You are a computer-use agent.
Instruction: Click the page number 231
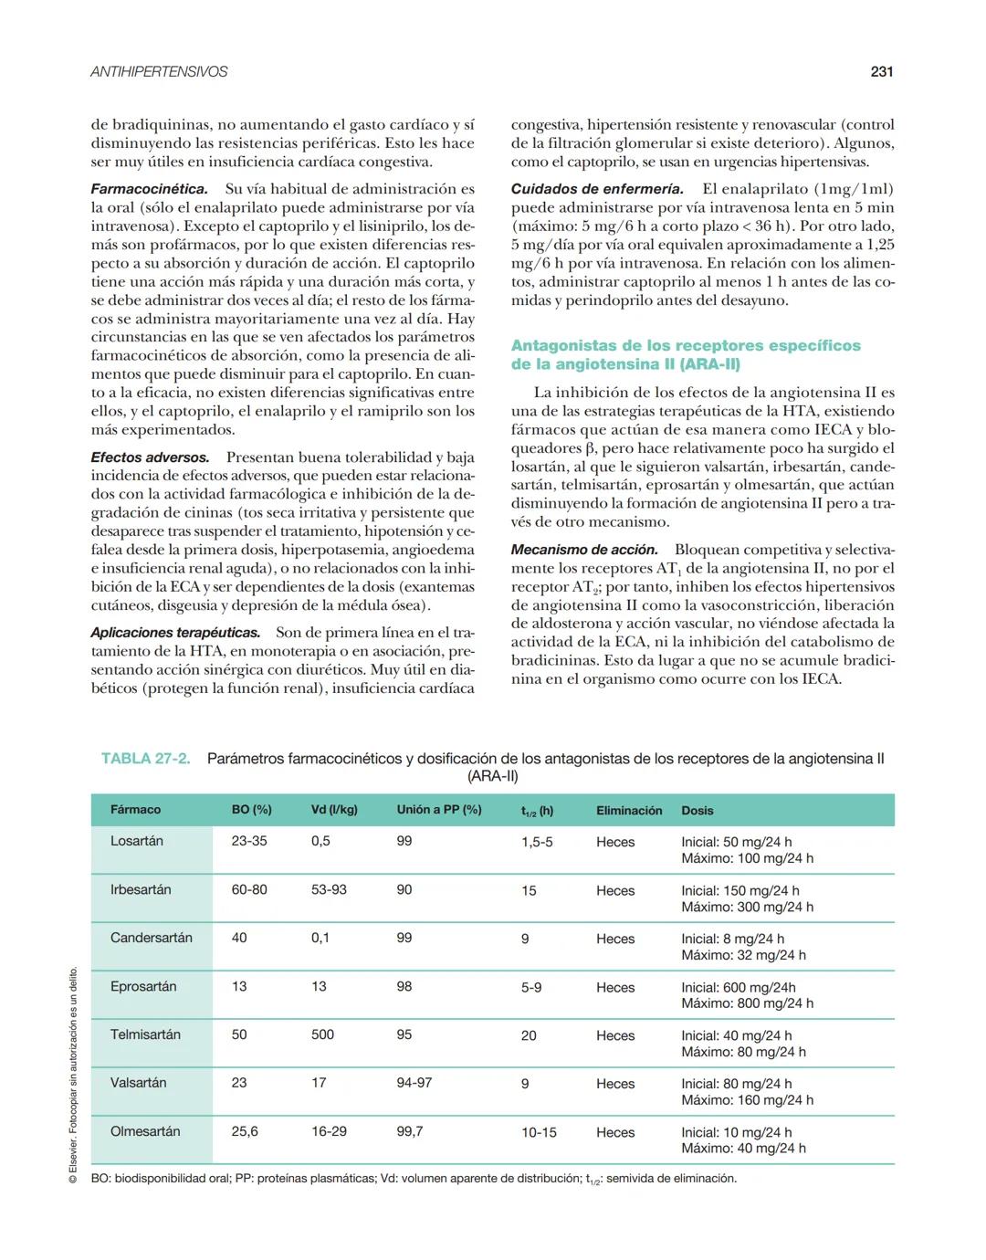tap(881, 71)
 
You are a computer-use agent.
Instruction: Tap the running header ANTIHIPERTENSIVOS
tap(159, 71)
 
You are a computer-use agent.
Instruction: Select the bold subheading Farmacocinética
tap(149, 189)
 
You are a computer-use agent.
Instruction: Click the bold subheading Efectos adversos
tap(150, 457)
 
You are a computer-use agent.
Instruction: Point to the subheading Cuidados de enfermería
tap(597, 189)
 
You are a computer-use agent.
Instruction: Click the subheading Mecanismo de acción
tap(584, 550)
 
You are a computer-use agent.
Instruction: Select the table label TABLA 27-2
tap(146, 759)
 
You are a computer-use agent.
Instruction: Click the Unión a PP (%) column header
tap(438, 810)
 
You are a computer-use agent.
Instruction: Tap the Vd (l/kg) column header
tap(334, 810)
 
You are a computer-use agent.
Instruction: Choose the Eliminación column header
tap(629, 811)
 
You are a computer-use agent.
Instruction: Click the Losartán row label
tap(137, 841)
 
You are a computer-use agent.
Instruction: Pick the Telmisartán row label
tap(145, 1034)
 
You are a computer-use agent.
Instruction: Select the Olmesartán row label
tap(145, 1131)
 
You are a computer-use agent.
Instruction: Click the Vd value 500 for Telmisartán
tap(322, 1034)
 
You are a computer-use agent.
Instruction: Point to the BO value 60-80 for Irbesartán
tap(249, 889)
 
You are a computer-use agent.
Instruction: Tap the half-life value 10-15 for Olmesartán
tap(539, 1132)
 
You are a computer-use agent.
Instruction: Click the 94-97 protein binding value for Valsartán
tap(414, 1083)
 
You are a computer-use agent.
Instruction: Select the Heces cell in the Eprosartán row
tap(615, 987)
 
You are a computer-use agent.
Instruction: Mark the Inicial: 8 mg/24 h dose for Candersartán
tap(732, 939)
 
